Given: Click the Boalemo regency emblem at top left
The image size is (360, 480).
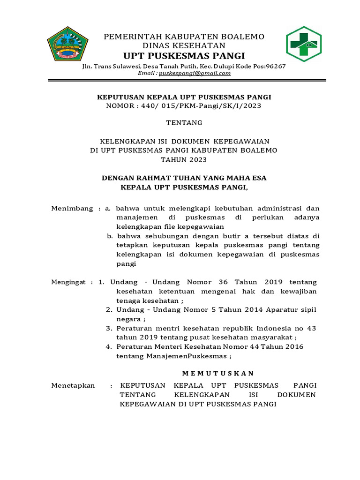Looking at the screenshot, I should click(68, 45).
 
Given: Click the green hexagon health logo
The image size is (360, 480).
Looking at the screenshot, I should click(303, 44).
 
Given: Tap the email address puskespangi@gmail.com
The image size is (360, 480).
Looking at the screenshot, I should click(195, 73).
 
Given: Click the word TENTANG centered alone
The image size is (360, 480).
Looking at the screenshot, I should click(184, 123).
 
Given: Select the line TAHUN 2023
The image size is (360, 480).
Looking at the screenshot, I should click(184, 159).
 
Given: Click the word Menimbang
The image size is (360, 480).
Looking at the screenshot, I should click(72, 208).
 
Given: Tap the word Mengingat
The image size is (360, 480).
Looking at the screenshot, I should click(68, 282).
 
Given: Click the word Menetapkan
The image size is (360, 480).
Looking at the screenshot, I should click(73, 385).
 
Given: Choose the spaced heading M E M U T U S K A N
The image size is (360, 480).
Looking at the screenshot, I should click(217, 373).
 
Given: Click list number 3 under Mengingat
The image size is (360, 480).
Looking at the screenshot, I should click(108, 328).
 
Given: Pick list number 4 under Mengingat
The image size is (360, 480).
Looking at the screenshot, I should click(108, 347).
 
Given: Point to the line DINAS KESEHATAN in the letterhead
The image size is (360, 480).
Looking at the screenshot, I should click(184, 46).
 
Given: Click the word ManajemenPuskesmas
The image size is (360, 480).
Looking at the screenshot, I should click(187, 356).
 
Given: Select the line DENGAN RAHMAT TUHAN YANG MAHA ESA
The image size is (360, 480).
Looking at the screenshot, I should click(184, 178).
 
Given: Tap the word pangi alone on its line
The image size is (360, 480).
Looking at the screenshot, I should click(126, 264).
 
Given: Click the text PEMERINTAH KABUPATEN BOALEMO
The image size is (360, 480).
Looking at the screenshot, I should click(184, 37).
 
